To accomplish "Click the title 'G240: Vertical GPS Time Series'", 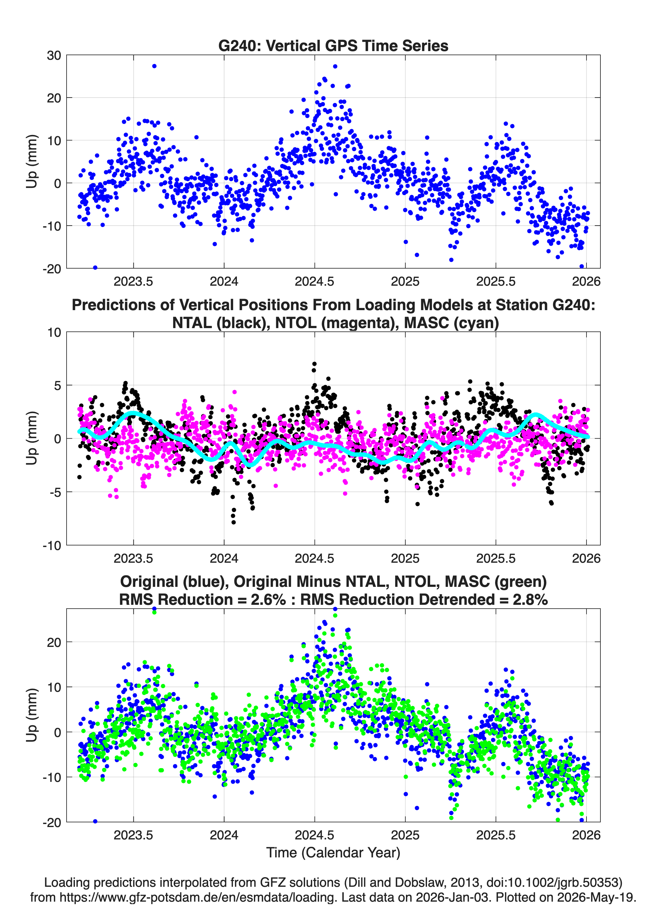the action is pos(333,45).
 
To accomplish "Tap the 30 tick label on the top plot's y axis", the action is pos(54,55).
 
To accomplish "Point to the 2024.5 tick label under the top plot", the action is pos(314,281).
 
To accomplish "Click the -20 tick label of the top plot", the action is pos(52,269).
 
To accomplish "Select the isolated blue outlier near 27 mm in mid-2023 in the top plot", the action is pos(154,66).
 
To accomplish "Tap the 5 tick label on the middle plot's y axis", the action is pos(57,385).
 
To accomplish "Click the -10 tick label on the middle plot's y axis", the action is pos(52,545).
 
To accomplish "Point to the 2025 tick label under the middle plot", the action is pos(405,558).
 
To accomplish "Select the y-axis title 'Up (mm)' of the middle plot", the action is pos(32,438).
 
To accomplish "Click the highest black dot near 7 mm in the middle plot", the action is pos(314,364).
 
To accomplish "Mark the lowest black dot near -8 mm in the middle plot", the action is pos(233,522).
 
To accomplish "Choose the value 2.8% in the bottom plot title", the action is pos(530,600).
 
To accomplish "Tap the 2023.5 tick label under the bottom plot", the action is pos(133,835).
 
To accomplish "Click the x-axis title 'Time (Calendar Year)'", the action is pos(333,853).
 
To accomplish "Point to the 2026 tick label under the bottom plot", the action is pos(586,835).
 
